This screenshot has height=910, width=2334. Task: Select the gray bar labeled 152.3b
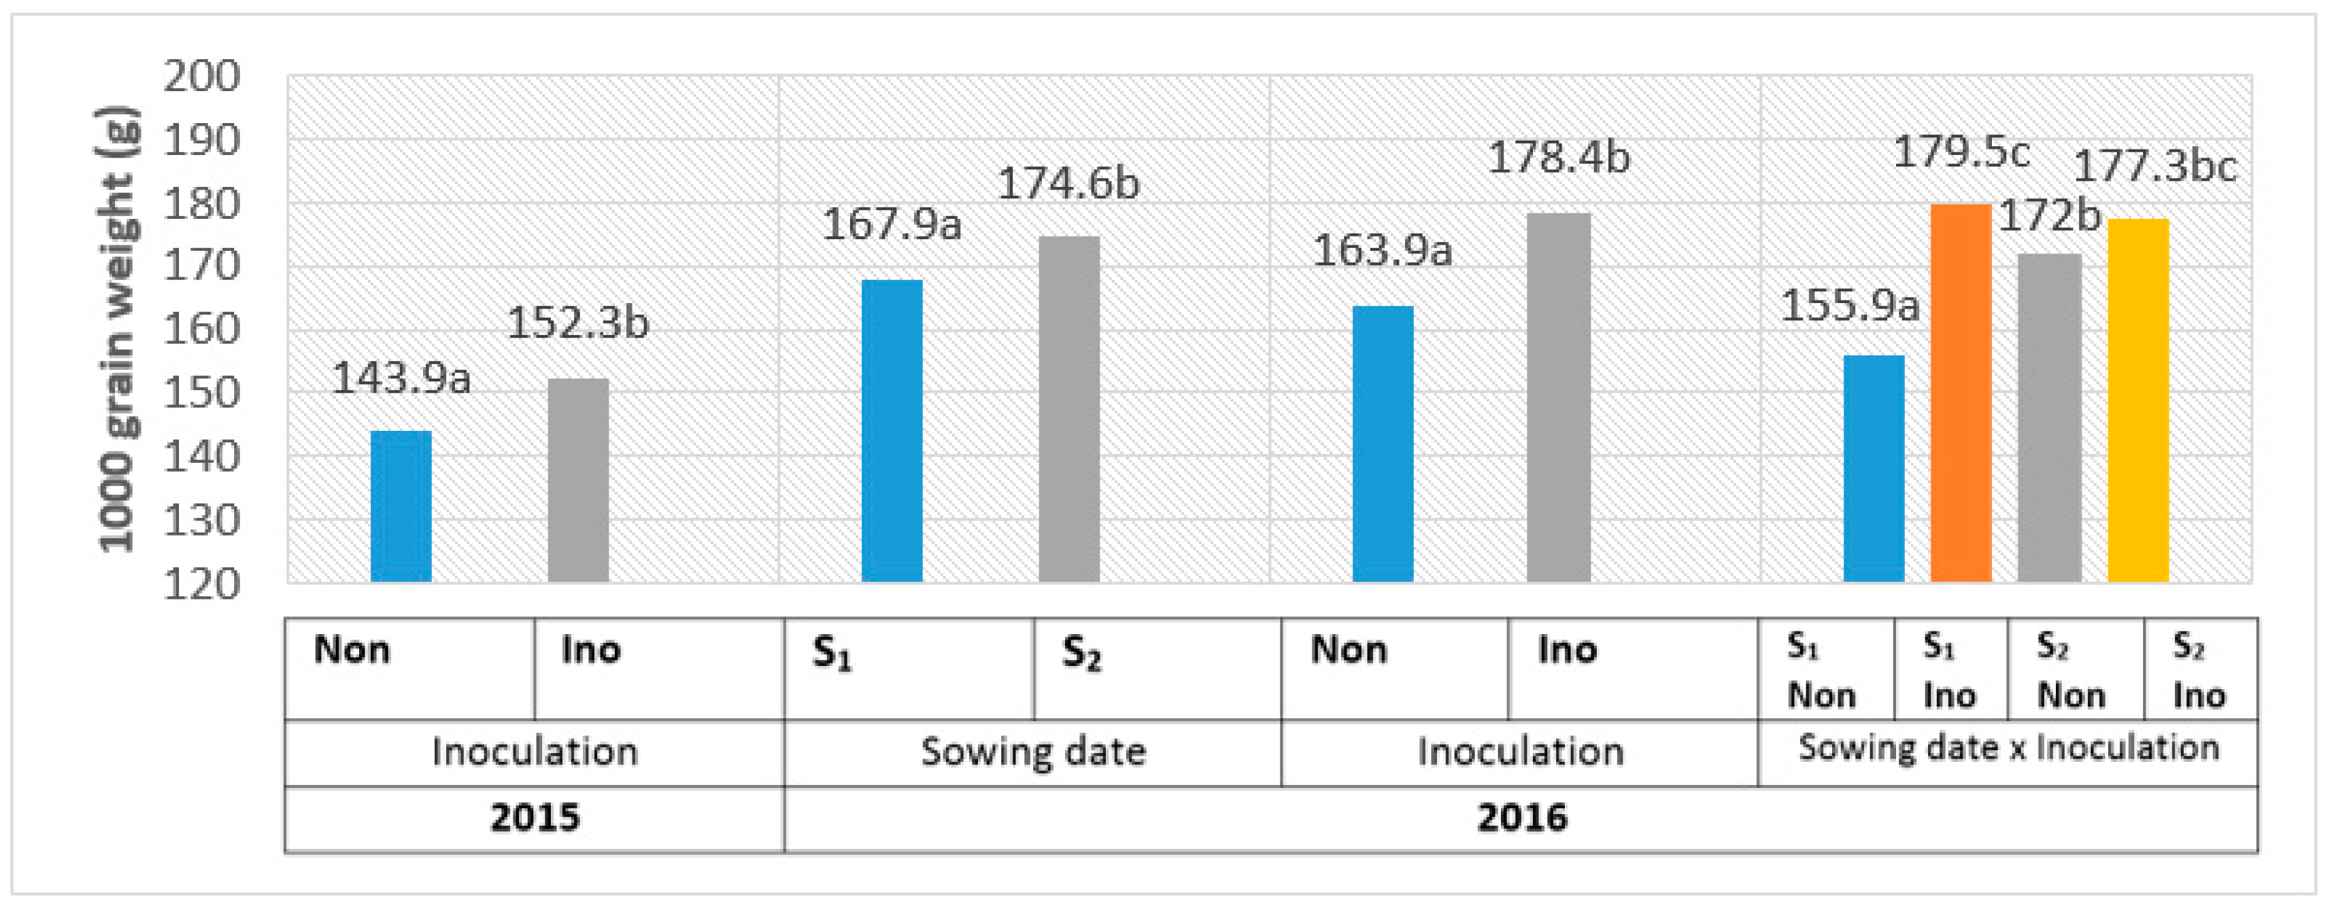pos(578,480)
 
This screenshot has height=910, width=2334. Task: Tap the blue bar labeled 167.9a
pos(892,430)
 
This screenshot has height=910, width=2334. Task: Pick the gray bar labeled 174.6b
pos(1068,408)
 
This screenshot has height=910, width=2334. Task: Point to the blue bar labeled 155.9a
pos(1874,468)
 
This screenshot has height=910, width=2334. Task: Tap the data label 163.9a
pos(1382,251)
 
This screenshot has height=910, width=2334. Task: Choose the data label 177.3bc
pos(2154,167)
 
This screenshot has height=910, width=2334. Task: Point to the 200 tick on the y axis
pos(201,77)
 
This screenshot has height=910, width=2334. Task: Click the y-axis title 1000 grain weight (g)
pos(118,329)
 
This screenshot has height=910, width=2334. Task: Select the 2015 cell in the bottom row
pos(535,818)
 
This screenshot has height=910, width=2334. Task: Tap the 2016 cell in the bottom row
pos(1521,818)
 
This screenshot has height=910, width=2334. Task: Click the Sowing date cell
pos(1033,752)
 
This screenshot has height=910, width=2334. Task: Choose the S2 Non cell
pos(2075,670)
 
